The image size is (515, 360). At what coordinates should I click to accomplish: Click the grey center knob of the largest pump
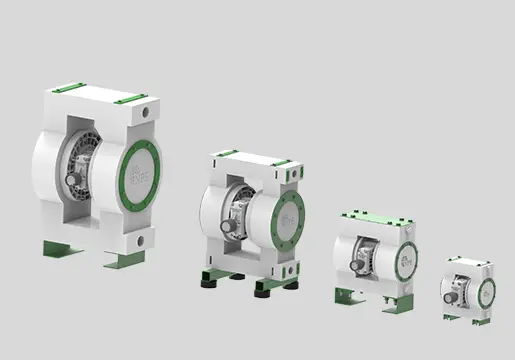point(71,180)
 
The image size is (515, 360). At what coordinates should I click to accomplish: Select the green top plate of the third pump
point(375,217)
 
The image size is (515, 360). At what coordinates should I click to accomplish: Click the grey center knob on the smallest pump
point(451,294)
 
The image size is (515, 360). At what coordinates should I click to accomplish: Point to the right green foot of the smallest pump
point(482,321)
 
